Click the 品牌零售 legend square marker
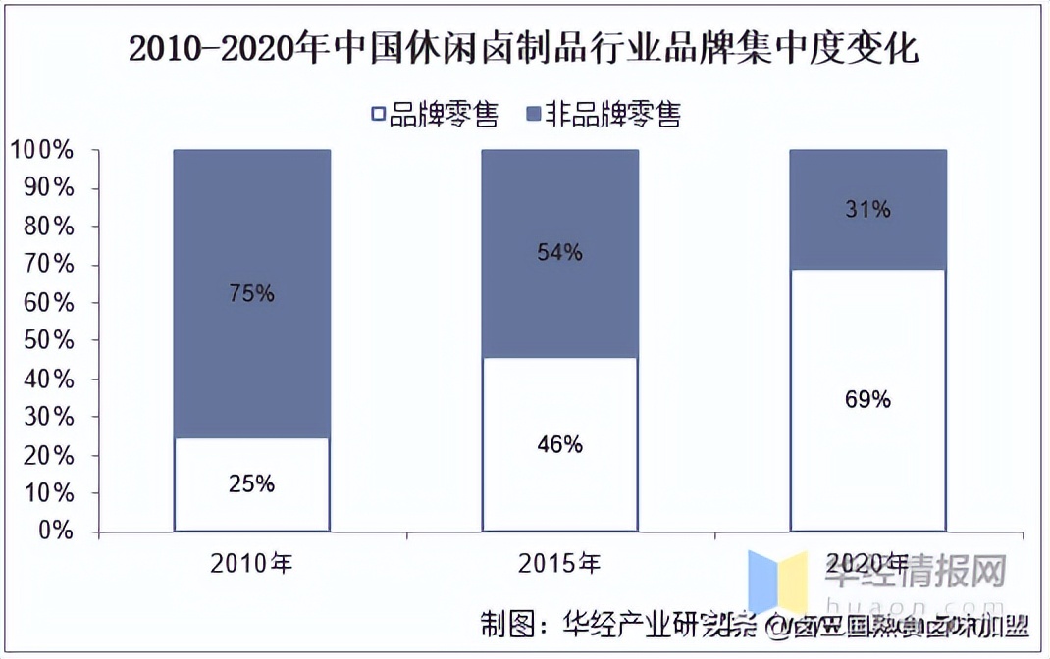coord(378,115)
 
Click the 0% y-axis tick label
coord(56,531)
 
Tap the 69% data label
coord(867,400)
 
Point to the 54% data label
coord(559,253)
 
